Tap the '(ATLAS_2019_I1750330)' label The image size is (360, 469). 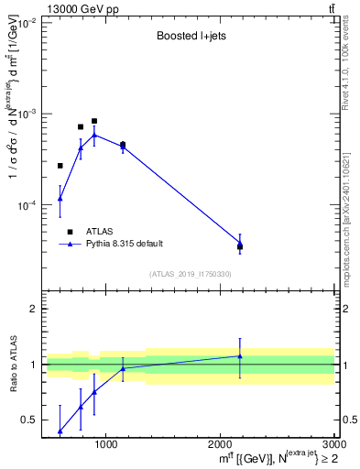189,274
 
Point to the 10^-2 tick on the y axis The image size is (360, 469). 25,22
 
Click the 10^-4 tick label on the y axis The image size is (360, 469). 25,205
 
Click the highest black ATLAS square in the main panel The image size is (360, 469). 94,121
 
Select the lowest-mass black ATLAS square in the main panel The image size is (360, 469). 60,166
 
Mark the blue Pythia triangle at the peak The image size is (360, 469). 94,135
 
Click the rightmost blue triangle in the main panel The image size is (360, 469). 240,243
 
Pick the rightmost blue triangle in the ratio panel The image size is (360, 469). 240,356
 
